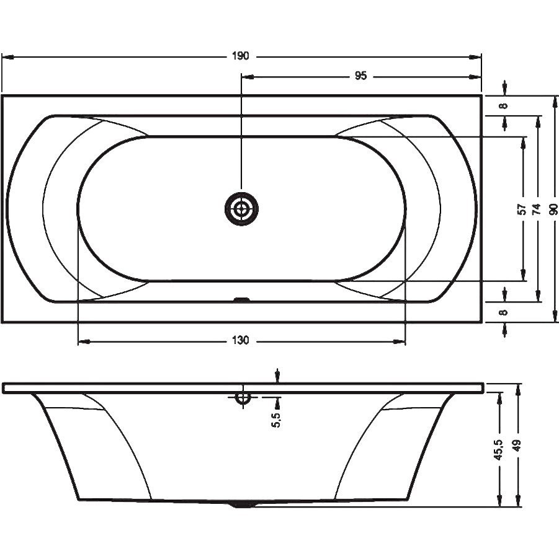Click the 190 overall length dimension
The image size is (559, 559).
[240, 56]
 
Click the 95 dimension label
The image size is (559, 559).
[360, 76]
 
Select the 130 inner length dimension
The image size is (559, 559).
[240, 340]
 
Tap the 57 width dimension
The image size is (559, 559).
[522, 209]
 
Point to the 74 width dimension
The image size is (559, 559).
[537, 209]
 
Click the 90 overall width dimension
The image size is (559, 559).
[553, 209]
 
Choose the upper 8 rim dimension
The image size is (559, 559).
[504, 106]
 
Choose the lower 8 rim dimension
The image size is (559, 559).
[504, 312]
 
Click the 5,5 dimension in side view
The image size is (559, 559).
[277, 419]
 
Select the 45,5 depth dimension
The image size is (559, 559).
[498, 449]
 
